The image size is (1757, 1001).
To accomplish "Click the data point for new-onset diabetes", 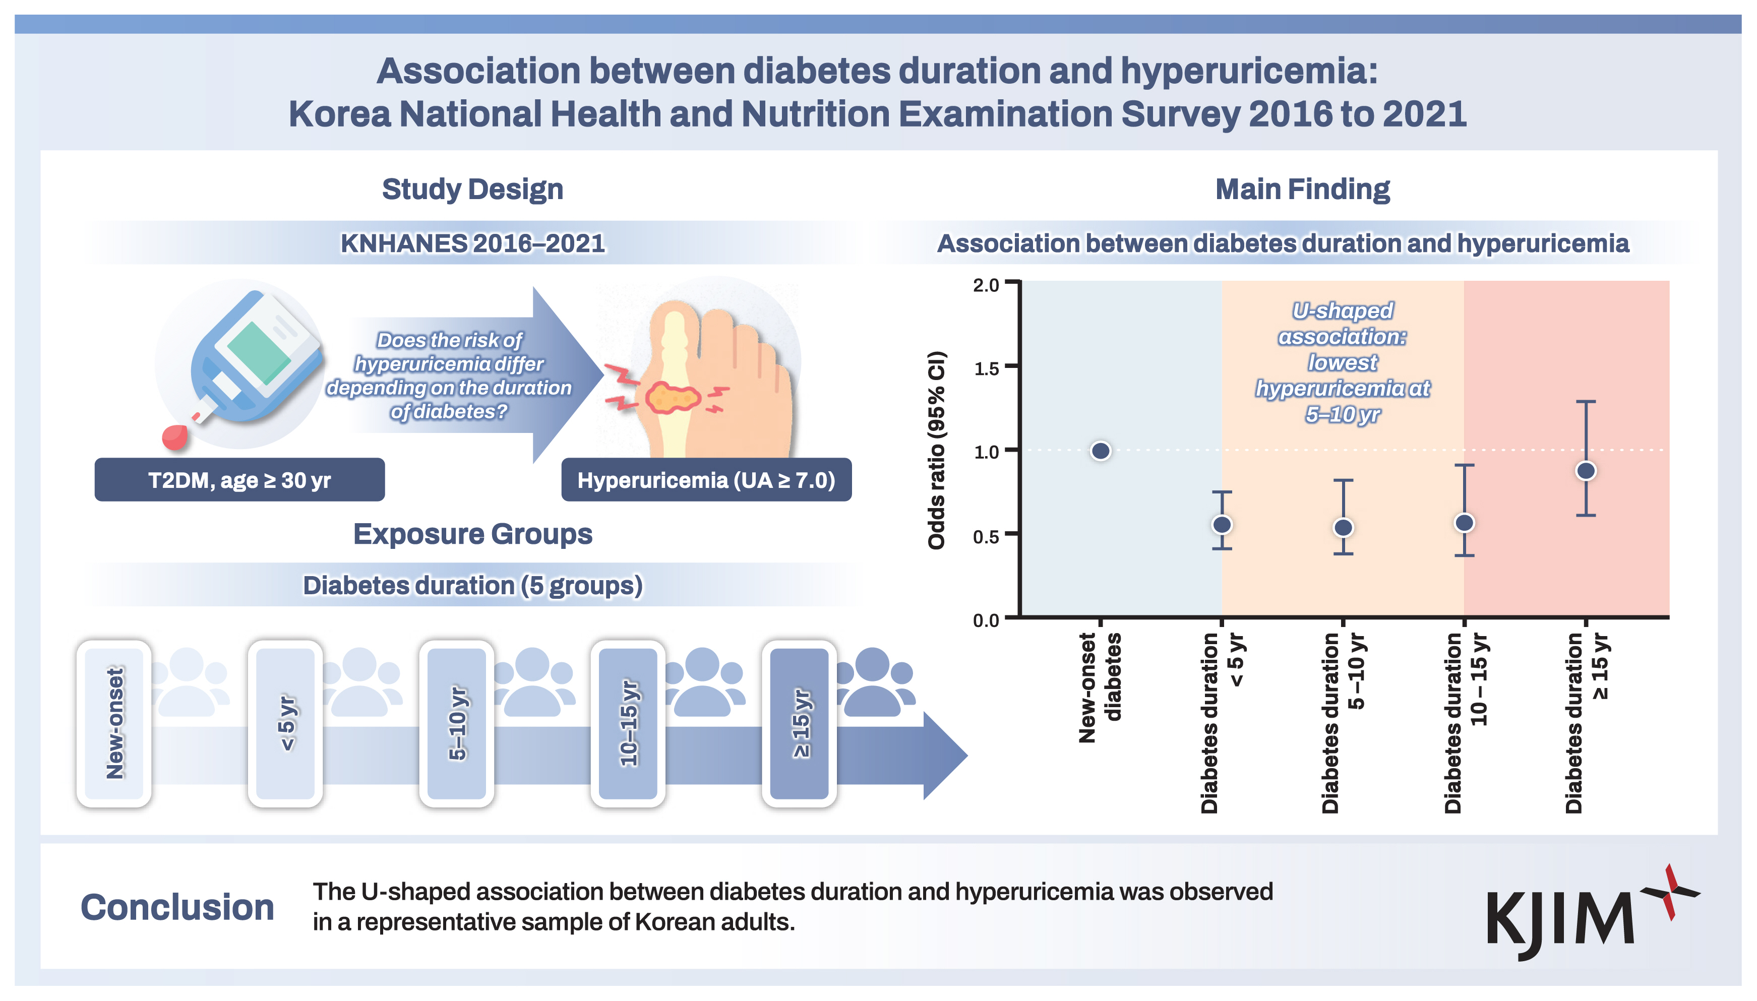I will tap(1100, 451).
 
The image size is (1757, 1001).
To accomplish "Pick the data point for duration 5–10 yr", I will tap(1343, 527).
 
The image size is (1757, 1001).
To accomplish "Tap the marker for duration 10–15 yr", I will tap(1465, 523).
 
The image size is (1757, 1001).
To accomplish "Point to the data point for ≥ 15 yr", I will tap(1586, 471).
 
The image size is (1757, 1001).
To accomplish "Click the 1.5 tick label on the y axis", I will tap(986, 369).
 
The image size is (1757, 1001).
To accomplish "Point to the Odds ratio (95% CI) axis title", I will tap(937, 450).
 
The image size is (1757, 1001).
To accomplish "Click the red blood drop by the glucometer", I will tap(174, 437).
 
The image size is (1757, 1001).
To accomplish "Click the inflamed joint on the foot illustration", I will tap(673, 397).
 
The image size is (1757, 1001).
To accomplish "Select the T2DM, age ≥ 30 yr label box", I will tap(239, 480).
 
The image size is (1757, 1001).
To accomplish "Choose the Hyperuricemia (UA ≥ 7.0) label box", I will tap(706, 480).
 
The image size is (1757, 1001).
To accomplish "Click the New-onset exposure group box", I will tap(114, 723).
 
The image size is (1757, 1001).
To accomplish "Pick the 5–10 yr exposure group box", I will tap(457, 723).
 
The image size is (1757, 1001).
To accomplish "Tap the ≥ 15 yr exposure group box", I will tap(799, 723).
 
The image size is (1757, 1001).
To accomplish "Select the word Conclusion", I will tap(177, 907).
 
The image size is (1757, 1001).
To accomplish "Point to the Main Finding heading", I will tap(1302, 189).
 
